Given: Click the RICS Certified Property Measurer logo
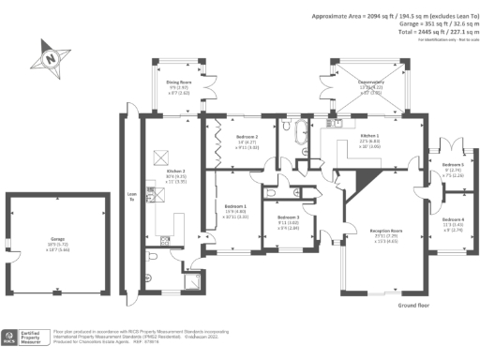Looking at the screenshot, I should pos(25,337).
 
